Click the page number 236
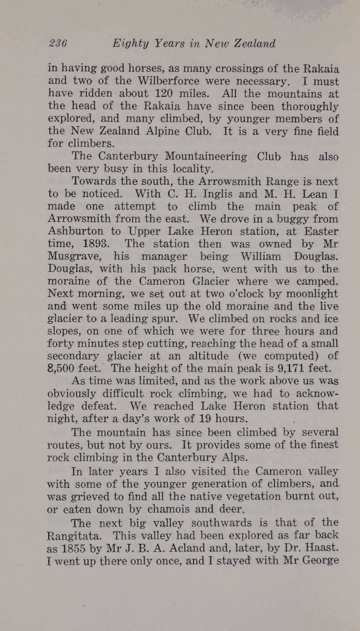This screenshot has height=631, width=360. (58, 44)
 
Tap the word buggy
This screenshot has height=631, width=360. (260, 219)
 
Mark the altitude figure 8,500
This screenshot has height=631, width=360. (63, 369)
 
